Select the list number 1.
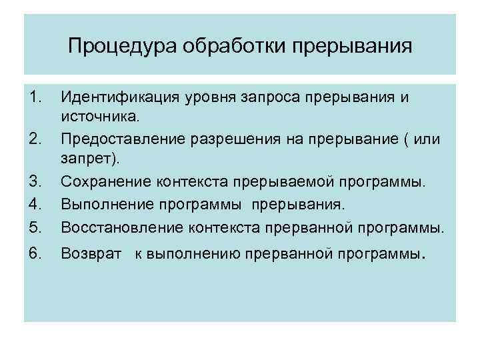point(37,97)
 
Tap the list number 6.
point(37,254)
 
